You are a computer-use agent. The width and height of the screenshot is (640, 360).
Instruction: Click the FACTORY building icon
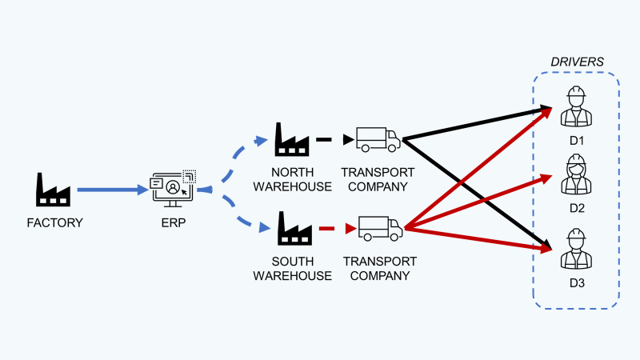(x=53, y=190)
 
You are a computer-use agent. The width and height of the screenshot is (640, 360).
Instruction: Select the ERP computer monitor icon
(x=173, y=189)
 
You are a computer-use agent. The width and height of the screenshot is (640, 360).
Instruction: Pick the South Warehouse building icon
(x=294, y=229)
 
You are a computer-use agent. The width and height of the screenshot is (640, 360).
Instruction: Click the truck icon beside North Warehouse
(x=378, y=139)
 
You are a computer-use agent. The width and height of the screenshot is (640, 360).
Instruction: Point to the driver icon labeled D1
(x=576, y=106)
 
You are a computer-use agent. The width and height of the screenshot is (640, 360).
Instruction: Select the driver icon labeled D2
(x=576, y=174)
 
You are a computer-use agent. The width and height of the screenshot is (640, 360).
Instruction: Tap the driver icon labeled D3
(x=576, y=249)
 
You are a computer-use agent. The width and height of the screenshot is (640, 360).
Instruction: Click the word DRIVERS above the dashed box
(x=577, y=62)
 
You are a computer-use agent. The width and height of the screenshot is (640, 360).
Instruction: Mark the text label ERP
(x=174, y=223)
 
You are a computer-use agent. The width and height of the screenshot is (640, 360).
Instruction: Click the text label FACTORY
(x=54, y=223)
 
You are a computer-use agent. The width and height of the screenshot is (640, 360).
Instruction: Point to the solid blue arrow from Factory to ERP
(x=113, y=190)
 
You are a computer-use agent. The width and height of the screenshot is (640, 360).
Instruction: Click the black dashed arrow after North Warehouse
(x=335, y=139)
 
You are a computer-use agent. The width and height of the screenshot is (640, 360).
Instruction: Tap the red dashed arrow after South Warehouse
(x=338, y=229)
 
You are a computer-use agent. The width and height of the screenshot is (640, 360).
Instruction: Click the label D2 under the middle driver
(x=577, y=208)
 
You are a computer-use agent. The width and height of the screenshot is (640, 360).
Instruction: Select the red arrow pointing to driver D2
(x=478, y=202)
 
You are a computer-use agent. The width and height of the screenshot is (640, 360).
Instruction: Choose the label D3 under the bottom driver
(x=577, y=283)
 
